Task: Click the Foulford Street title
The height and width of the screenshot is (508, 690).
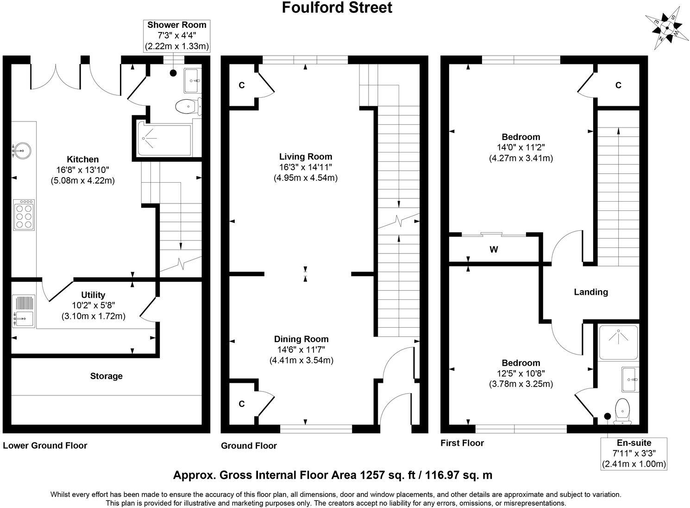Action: point(337,8)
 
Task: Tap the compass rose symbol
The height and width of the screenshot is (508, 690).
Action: point(666,27)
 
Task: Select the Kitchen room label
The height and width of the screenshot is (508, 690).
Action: point(82,159)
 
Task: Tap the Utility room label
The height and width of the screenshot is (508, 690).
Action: point(93,295)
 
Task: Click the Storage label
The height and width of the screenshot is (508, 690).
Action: point(106,376)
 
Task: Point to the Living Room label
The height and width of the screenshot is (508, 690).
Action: point(306,157)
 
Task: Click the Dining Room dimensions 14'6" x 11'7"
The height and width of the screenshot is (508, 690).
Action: point(301,349)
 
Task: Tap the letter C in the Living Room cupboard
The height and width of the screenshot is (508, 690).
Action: point(241,85)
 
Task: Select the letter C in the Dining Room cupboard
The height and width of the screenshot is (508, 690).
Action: point(241,404)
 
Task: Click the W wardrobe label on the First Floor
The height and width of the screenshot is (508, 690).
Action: point(494,250)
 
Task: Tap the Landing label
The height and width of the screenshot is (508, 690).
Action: point(590,292)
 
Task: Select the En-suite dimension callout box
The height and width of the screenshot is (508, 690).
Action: point(634,453)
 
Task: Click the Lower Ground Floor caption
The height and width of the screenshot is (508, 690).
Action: point(45,445)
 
